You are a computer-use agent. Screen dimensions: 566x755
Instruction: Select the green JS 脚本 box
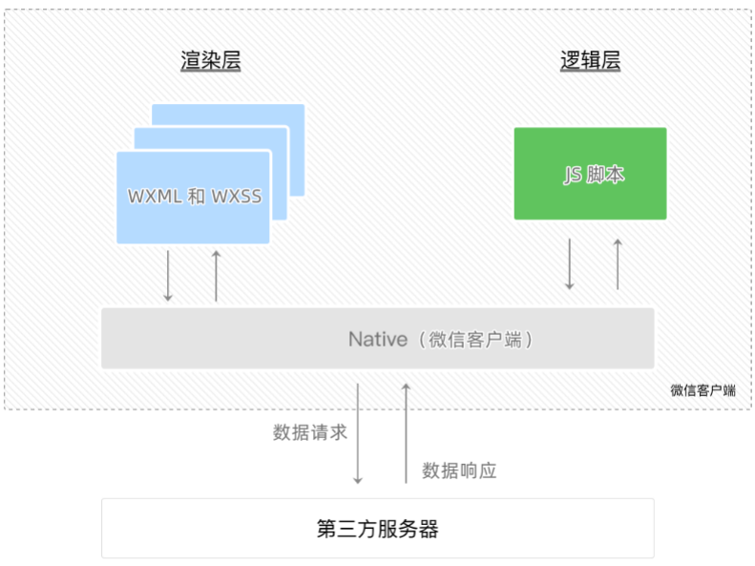pyautogui.click(x=590, y=174)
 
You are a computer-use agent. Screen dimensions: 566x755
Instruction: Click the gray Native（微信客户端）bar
pyautogui.click(x=377, y=339)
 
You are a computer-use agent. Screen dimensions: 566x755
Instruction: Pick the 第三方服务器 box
pyautogui.click(x=377, y=528)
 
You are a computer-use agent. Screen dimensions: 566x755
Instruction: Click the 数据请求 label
pyautogui.click(x=310, y=432)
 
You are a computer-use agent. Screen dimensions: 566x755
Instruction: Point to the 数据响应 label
pyautogui.click(x=459, y=471)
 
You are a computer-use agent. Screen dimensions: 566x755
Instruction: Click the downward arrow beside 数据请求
pyautogui.click(x=358, y=434)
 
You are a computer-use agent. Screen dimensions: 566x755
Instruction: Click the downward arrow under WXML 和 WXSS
pyautogui.click(x=168, y=276)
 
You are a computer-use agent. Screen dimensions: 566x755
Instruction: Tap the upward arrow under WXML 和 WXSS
pyautogui.click(x=216, y=276)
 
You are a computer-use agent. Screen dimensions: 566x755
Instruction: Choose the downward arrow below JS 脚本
pyautogui.click(x=570, y=263)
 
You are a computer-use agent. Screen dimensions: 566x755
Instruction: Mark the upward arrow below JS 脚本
pyautogui.click(x=618, y=263)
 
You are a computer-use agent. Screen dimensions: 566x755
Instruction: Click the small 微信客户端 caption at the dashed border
pyautogui.click(x=703, y=390)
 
